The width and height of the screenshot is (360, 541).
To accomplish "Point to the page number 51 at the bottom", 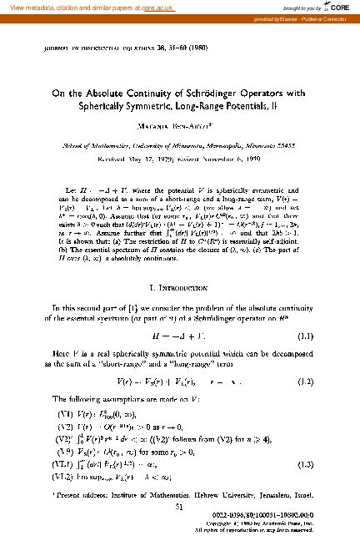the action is click(179, 505).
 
